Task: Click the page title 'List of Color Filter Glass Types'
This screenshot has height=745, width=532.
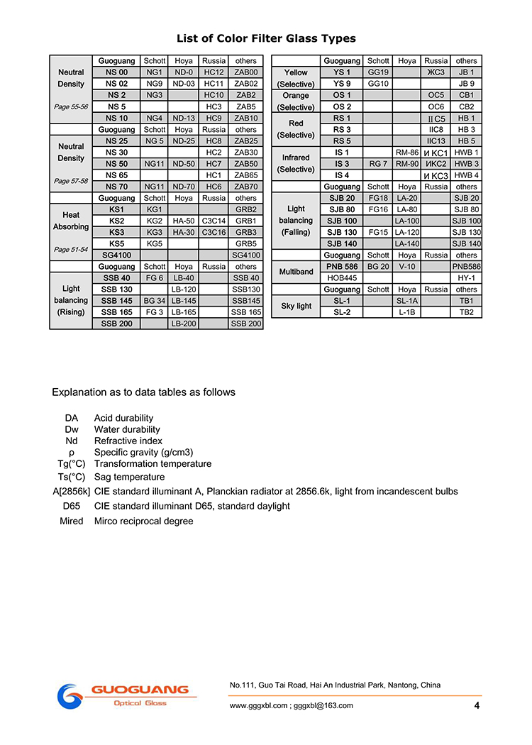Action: [x=266, y=38]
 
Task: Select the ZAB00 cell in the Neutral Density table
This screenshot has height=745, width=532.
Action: [x=245, y=72]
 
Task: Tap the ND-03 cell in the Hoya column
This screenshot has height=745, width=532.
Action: [x=184, y=84]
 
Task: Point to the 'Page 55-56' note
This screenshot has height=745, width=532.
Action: [x=71, y=106]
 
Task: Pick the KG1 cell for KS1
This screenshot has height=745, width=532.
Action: [x=154, y=209]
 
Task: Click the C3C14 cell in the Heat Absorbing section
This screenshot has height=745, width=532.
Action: [x=214, y=221]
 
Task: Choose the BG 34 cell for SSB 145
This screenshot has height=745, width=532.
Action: [x=154, y=301]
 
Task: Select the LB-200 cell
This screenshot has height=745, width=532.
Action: [x=184, y=324]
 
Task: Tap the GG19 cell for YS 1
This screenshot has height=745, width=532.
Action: [x=378, y=72]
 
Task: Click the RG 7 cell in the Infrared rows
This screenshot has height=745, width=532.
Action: [x=378, y=164]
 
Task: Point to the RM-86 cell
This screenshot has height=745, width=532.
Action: [x=407, y=153]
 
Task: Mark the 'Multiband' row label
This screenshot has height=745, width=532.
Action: [x=296, y=272]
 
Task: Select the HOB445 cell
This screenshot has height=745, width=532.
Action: [x=342, y=278]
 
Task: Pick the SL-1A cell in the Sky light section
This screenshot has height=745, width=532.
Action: [x=407, y=301]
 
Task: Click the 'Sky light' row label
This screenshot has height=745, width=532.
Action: [x=296, y=307]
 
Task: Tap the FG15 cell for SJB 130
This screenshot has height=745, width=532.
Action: [x=378, y=232]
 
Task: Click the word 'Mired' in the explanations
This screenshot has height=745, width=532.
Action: [x=72, y=521]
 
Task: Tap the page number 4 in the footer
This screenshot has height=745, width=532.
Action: [x=477, y=705]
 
